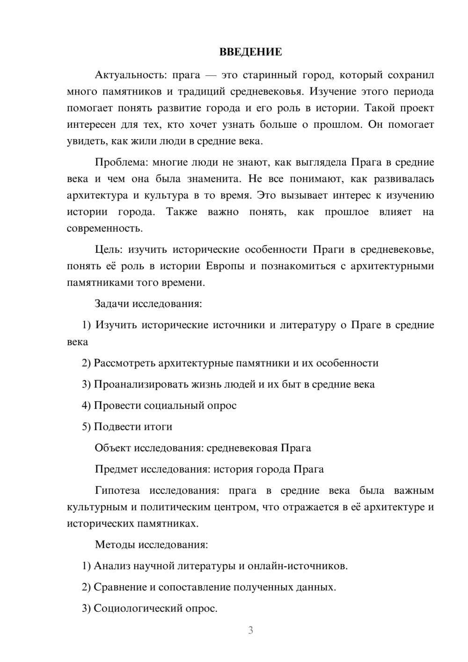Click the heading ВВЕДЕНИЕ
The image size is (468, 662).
point(250,52)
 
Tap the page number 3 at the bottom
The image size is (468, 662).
point(250,630)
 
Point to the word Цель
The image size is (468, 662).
point(109,250)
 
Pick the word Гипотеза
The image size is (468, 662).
point(117,491)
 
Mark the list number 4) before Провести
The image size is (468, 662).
point(86,405)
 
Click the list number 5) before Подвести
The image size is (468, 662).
point(86,427)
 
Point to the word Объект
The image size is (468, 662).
point(113,448)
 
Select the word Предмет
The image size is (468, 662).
point(116,469)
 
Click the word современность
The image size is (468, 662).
point(104,229)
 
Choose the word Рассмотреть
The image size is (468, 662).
point(124,363)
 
